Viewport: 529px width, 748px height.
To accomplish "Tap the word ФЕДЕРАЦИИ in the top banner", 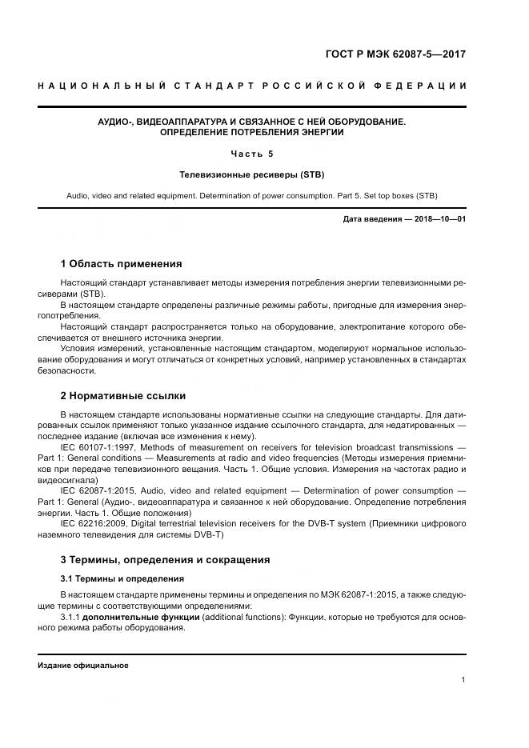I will tap(429, 86).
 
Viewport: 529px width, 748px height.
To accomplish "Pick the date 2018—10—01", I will tap(439, 218).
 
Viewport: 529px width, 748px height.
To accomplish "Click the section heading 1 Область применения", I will tap(121, 263).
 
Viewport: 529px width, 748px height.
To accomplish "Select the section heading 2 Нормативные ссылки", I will tap(122, 395).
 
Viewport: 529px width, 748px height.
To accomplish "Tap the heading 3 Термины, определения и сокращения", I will tap(165, 559).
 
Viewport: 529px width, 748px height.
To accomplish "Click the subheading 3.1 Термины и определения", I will tap(122, 578).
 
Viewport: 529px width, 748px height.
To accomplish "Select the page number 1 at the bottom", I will tap(463, 680).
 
